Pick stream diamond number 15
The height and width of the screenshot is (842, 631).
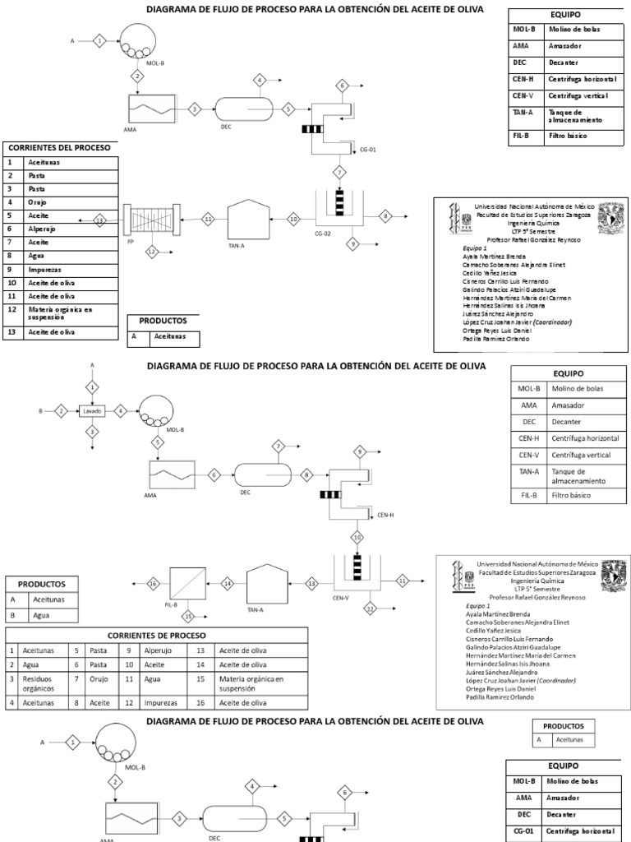tap(188, 615)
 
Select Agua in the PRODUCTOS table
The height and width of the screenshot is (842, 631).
tap(42, 614)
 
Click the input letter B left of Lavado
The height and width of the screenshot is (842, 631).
tap(39, 409)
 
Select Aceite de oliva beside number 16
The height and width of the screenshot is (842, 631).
tap(237, 702)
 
